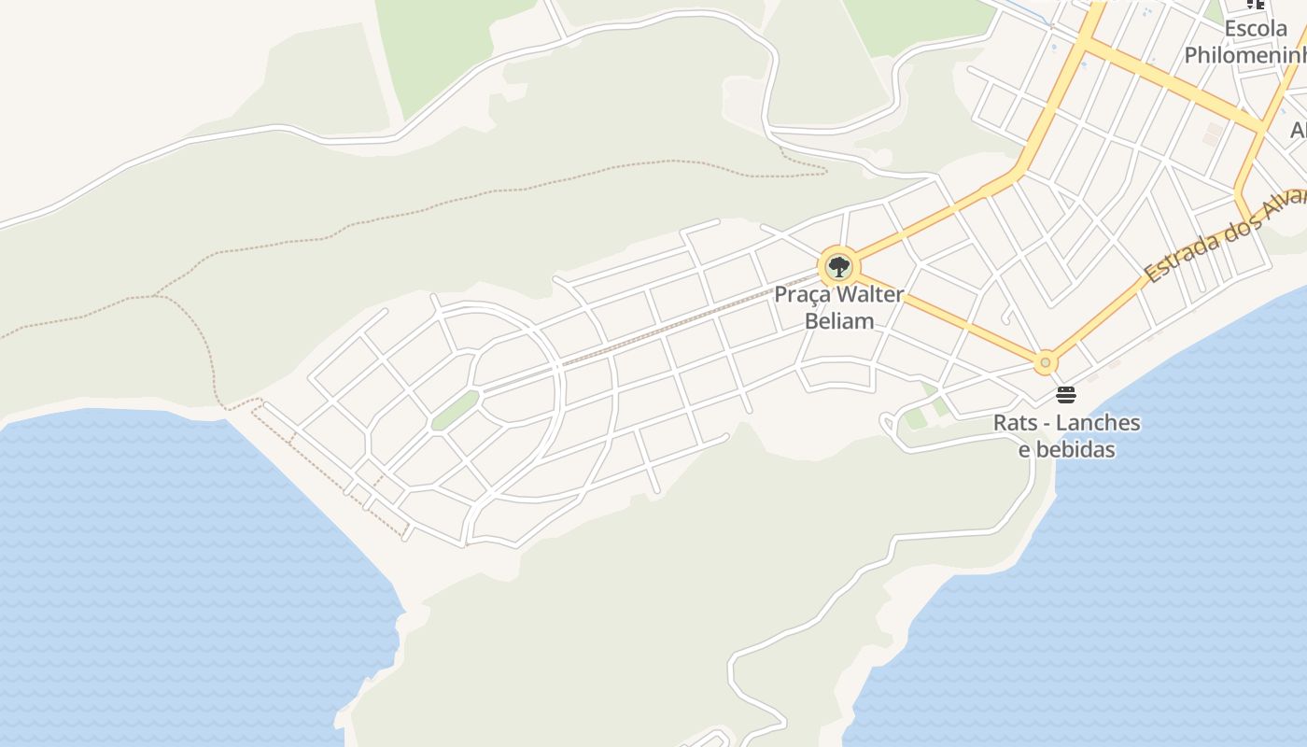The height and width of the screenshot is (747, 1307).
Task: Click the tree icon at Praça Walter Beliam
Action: [x=839, y=267]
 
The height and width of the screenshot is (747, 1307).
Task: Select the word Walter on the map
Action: [x=870, y=295]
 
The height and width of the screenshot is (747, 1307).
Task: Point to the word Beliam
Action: [x=839, y=321]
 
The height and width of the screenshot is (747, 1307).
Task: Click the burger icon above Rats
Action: [x=1066, y=395]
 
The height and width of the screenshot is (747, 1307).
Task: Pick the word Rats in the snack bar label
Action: [x=1013, y=423]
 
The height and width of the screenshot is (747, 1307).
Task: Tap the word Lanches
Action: [x=1096, y=423]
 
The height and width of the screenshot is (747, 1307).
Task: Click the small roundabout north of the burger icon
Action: [x=1046, y=362]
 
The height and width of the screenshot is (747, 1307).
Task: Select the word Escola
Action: [x=1256, y=29]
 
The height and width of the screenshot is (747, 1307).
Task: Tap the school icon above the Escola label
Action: [x=1256, y=4]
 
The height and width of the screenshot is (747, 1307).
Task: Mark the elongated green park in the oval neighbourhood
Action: [x=455, y=411]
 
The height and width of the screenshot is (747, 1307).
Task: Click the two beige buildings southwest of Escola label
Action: [x=1212, y=134]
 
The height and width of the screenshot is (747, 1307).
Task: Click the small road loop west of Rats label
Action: [x=889, y=428]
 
